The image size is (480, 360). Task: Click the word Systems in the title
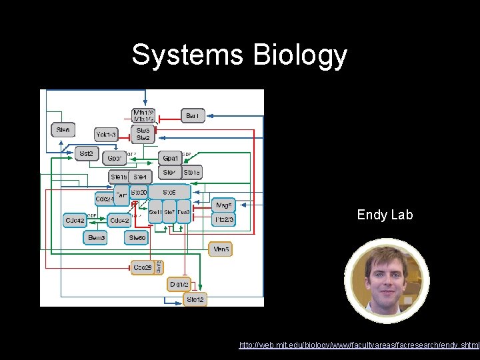point(188,55)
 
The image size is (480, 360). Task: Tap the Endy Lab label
point(385,215)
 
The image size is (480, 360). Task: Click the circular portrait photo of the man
point(387,281)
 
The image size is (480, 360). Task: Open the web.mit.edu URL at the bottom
point(359,345)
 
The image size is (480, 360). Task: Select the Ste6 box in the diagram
point(63,129)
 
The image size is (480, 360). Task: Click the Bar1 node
point(192,116)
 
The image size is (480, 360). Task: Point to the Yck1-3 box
point(106,135)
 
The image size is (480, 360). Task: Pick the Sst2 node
point(86,153)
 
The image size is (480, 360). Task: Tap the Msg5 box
point(223,205)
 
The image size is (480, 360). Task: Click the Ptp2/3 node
point(223,219)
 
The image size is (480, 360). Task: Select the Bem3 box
point(96,237)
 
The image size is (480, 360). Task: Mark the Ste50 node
point(138,237)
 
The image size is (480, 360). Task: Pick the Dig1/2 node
point(179,284)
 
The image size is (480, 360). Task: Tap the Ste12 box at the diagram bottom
point(195,300)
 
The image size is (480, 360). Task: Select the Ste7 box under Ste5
point(170,212)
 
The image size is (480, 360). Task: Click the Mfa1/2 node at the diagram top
point(143,115)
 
